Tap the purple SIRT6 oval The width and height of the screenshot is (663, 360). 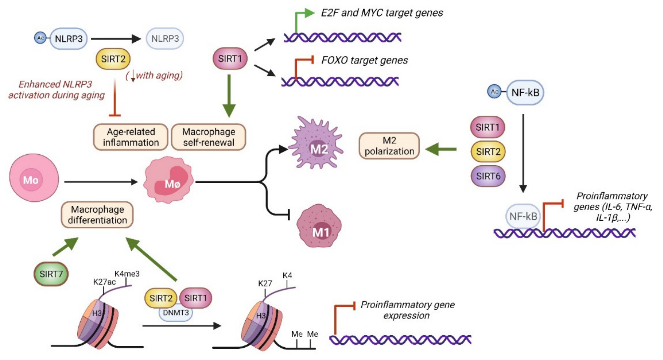point(488,176)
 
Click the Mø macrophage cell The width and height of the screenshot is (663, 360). point(168,181)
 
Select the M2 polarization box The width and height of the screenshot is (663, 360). point(389,146)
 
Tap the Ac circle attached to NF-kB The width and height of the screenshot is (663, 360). point(495,92)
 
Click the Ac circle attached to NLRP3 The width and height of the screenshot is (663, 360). point(40,38)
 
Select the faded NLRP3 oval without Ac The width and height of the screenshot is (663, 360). point(165,39)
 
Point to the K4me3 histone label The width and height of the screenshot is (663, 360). point(127,274)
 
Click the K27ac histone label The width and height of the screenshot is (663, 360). point(104,282)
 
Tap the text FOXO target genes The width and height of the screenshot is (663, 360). point(364,60)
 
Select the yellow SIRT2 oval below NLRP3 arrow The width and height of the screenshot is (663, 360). point(113,59)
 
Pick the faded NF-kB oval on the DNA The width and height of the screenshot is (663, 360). point(523,216)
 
